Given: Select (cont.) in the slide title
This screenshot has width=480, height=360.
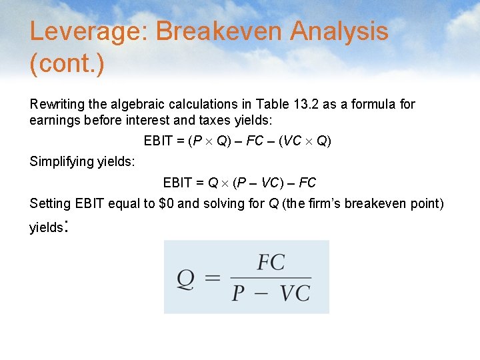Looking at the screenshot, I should pos(67,65).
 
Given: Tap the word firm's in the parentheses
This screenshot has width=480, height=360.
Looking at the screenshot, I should pos(327,203).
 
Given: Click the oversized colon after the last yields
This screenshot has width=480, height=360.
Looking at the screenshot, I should pos(65,227).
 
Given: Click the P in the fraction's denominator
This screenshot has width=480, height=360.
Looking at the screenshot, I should pos(238,293).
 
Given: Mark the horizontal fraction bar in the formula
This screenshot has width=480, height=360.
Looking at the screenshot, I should pos(270,278).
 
